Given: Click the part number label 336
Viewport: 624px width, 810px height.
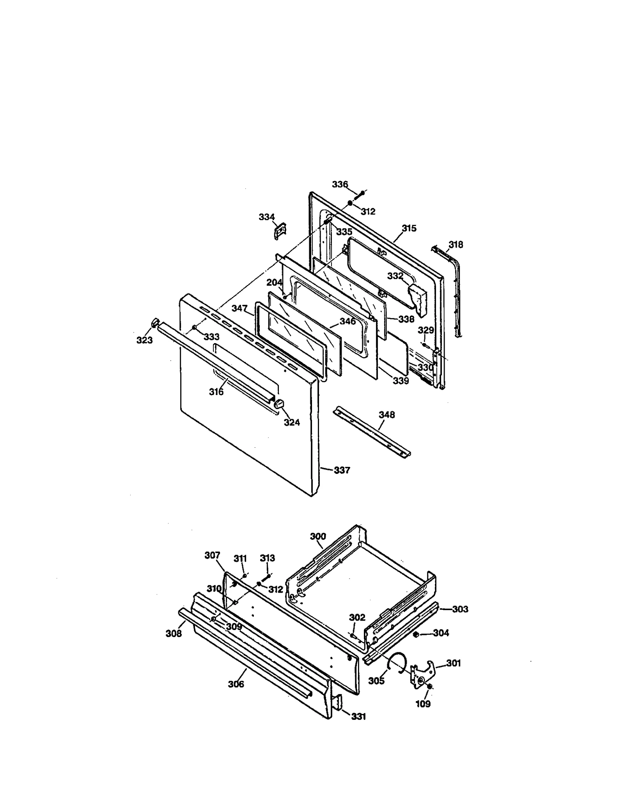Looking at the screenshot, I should pyautogui.click(x=340, y=184).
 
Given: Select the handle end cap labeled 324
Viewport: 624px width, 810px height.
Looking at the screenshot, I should pyautogui.click(x=279, y=404).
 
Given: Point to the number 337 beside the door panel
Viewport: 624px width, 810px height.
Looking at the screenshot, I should pyautogui.click(x=342, y=470).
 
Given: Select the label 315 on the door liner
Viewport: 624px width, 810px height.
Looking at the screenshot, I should pyautogui.click(x=409, y=228).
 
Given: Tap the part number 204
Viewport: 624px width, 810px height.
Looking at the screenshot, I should pyautogui.click(x=274, y=282).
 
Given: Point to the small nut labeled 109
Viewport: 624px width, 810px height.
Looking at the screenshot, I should pyautogui.click(x=429, y=687).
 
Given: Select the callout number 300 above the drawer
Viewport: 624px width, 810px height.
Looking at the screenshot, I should pyautogui.click(x=318, y=536).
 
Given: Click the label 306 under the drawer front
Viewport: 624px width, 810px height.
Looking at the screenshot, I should pyautogui.click(x=236, y=694).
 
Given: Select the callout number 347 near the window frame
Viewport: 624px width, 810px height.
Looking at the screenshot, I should pyautogui.click(x=239, y=308).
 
